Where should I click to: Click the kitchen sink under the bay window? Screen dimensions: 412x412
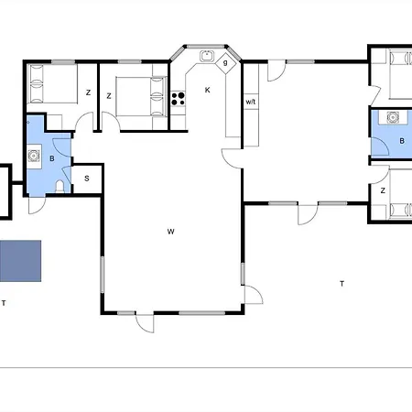(x=207, y=55)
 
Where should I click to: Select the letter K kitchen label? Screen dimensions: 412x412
(x=208, y=90)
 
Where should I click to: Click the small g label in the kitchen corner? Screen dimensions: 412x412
(x=225, y=63)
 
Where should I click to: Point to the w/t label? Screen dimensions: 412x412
(x=251, y=101)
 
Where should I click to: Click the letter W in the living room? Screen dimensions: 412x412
(x=170, y=231)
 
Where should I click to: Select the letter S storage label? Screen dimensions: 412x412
(x=87, y=179)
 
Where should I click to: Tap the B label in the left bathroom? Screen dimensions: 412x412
(x=52, y=158)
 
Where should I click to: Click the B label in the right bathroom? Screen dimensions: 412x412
(x=403, y=141)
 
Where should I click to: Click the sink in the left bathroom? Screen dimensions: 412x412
(x=36, y=156)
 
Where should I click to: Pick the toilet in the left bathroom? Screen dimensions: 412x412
(x=59, y=184)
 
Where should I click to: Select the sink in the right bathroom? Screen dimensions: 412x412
(x=394, y=117)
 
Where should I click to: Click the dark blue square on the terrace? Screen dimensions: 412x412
(x=21, y=260)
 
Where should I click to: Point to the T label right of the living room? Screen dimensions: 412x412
(x=342, y=284)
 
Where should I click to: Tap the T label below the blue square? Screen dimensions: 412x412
(x=4, y=302)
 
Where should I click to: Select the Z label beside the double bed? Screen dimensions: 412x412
(x=109, y=95)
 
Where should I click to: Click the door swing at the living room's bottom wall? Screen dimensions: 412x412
(x=145, y=321)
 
